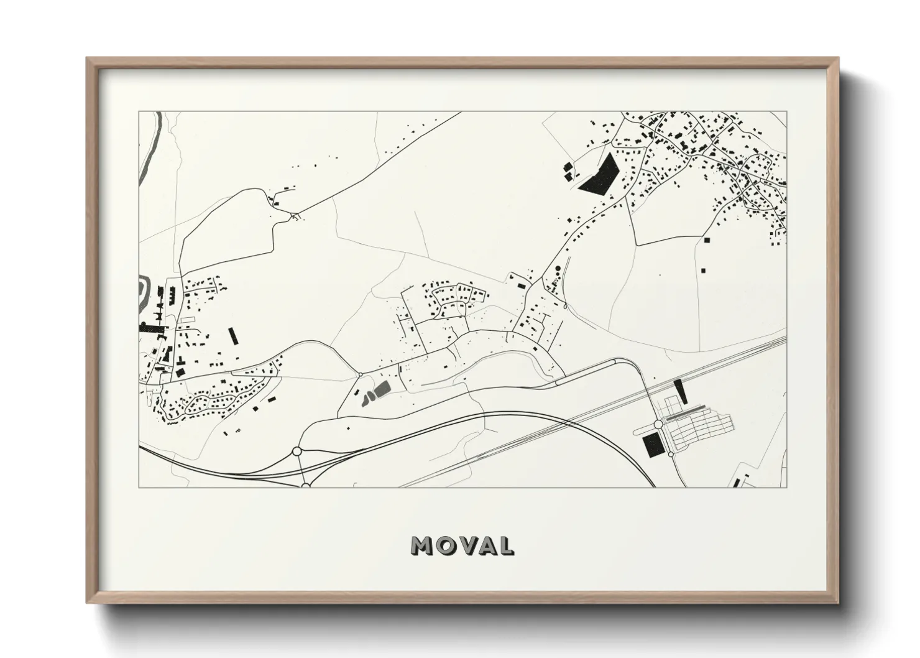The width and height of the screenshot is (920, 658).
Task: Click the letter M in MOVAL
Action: [x=423, y=545]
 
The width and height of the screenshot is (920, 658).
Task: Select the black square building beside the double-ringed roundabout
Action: [x=652, y=445]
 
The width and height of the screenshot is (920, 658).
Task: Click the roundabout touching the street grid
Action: [x=658, y=425]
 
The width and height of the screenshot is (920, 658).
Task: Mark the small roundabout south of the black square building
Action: [x=671, y=455]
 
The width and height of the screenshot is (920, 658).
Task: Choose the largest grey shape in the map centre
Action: [x=381, y=391]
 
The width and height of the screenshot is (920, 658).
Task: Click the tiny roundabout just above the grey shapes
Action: [x=361, y=374]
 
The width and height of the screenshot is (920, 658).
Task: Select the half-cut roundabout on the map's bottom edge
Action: [x=306, y=485]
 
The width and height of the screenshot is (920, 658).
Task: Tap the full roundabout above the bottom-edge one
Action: [x=297, y=450]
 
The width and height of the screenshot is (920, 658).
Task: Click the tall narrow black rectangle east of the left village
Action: [x=233, y=336]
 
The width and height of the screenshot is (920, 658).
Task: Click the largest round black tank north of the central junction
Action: [x=557, y=269]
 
